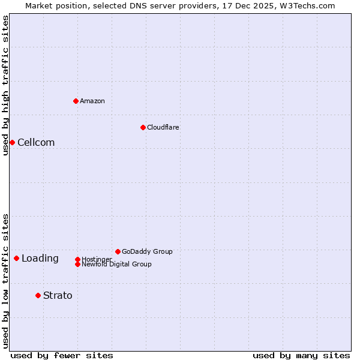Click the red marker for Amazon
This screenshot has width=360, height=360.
click(x=76, y=101)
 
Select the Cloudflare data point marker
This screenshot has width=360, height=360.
click(x=143, y=127)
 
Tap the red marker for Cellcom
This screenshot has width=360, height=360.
click(x=12, y=142)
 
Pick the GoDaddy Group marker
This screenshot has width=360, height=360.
click(x=118, y=251)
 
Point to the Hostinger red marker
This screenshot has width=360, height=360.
click(x=77, y=259)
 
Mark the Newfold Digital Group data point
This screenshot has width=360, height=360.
click(x=77, y=264)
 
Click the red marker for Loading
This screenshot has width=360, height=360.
click(x=16, y=258)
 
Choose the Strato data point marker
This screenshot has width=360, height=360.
click(x=38, y=295)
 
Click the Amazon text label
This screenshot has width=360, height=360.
click(x=92, y=101)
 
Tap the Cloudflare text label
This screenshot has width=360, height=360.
click(x=163, y=127)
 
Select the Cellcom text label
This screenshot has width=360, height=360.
click(x=36, y=142)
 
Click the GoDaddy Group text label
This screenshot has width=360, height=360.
click(x=147, y=251)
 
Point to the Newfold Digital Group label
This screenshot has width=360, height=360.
click(x=117, y=265)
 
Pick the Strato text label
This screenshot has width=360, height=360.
click(x=58, y=295)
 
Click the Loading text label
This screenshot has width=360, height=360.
click(x=40, y=259)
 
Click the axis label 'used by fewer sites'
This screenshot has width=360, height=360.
click(x=62, y=355)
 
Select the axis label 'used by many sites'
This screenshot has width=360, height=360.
click(x=301, y=355)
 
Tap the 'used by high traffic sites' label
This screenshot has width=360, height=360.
click(x=5, y=85)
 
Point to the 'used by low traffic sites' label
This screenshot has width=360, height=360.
click(x=5, y=281)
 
